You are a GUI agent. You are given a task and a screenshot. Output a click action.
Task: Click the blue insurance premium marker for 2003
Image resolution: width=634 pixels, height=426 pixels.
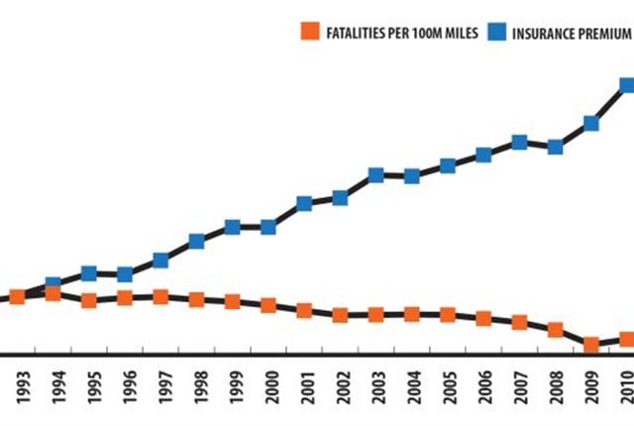pyautogui.click(x=376, y=175)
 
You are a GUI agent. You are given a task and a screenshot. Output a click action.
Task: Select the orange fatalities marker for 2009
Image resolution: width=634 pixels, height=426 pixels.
pyautogui.click(x=591, y=345)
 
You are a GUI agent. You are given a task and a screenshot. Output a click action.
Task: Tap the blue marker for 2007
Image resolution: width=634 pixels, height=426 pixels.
pyautogui.click(x=519, y=143)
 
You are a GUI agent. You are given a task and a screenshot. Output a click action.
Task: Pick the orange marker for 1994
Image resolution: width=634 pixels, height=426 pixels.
pyautogui.click(x=53, y=293)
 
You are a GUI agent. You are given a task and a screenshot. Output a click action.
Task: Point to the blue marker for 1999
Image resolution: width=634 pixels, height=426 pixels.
pyautogui.click(x=233, y=227)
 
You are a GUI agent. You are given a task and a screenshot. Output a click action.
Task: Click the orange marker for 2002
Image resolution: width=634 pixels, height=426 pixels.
pyautogui.click(x=340, y=315)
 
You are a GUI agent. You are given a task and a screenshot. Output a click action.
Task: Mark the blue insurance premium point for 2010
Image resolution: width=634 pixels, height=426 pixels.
pyautogui.click(x=627, y=85)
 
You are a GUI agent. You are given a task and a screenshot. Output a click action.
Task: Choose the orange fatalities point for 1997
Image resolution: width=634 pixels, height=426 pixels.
pyautogui.click(x=160, y=297)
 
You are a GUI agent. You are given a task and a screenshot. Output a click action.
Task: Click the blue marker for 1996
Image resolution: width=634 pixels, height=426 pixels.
pyautogui.click(x=125, y=274)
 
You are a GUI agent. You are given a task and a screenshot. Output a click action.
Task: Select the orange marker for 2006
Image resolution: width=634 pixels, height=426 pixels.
pyautogui.click(x=483, y=318)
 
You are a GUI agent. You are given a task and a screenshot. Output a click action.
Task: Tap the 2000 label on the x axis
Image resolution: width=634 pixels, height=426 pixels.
pyautogui.click(x=271, y=387)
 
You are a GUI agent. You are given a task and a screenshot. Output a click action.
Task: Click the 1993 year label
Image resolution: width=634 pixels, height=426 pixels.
pyautogui.click(x=24, y=387)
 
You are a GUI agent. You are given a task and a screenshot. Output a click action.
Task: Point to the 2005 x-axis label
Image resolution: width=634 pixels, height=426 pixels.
pyautogui.click(x=452, y=387)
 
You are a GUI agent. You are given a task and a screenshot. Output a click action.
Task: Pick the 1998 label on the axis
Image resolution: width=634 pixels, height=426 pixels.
pyautogui.click(x=200, y=387)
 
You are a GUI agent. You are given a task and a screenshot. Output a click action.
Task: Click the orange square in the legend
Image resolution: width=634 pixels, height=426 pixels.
pyautogui.click(x=310, y=31)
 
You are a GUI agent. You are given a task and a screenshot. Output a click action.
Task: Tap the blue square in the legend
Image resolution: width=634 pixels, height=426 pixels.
pyautogui.click(x=496, y=32)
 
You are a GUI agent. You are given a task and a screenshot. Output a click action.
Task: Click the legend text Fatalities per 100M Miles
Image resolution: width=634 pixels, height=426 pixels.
pyautogui.click(x=402, y=33)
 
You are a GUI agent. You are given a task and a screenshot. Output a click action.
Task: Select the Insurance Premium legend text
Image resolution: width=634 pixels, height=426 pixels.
pyautogui.click(x=572, y=34)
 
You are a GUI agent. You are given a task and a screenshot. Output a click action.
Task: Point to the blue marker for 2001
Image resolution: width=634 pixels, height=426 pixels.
pyautogui.click(x=304, y=203)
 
